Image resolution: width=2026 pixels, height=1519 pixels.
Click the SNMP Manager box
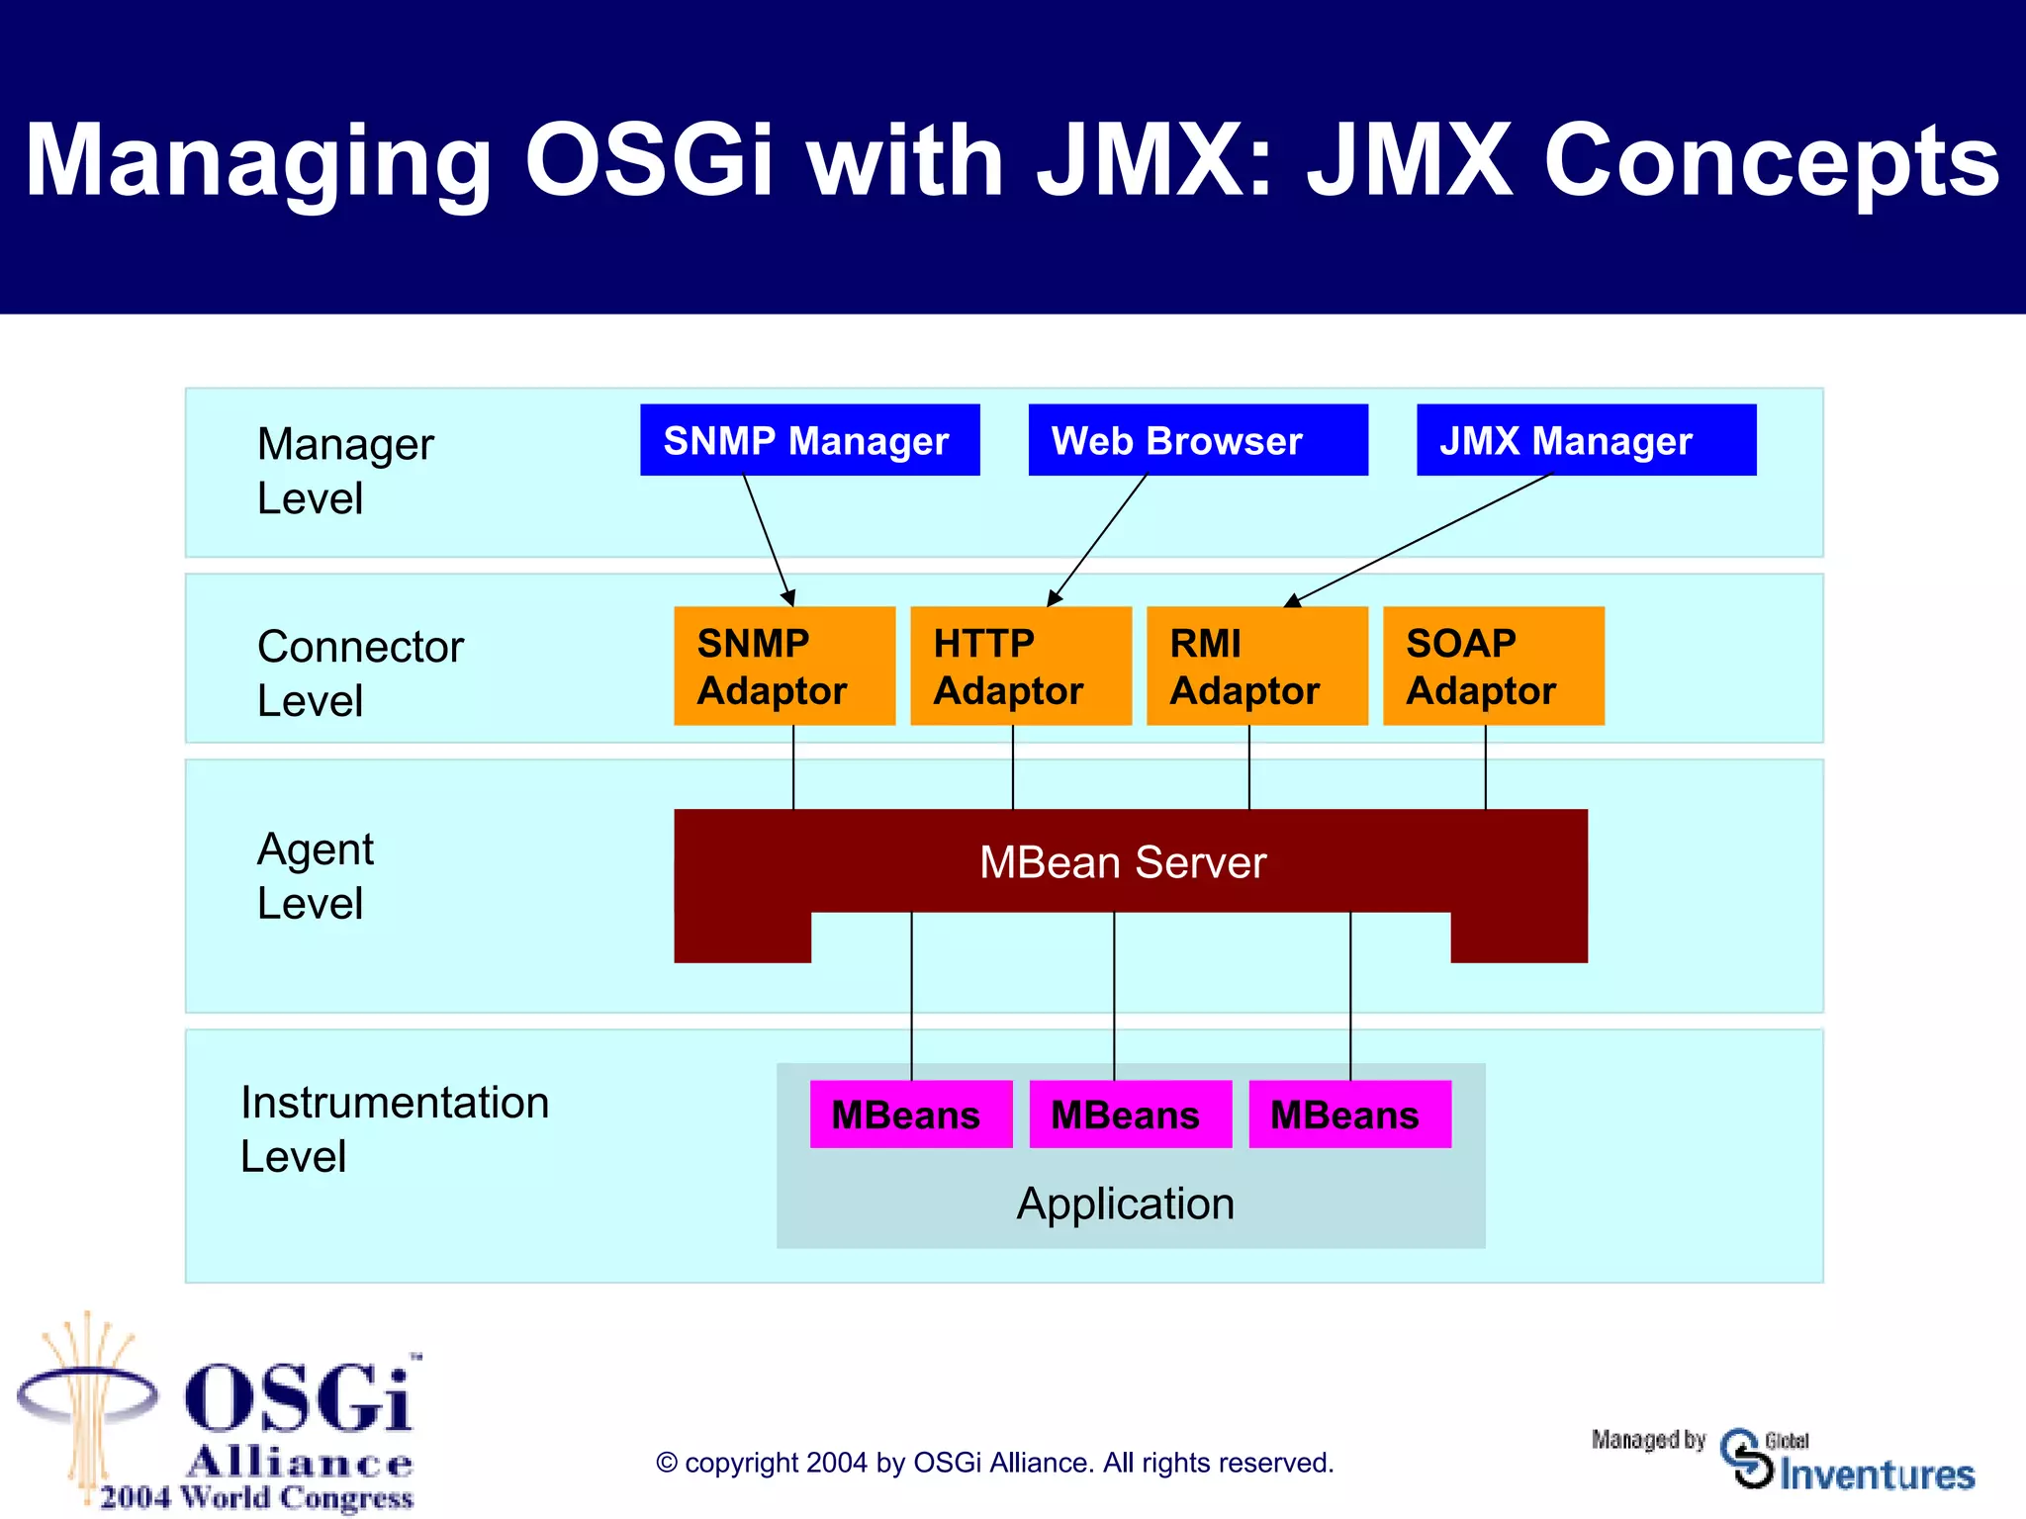[x=809, y=440]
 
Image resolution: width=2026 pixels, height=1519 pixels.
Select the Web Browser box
[x=1197, y=440]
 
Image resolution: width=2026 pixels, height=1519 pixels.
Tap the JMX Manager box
[x=1586, y=440]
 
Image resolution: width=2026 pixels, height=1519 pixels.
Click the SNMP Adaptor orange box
[x=783, y=666]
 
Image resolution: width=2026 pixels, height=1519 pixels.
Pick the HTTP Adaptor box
[x=1020, y=666]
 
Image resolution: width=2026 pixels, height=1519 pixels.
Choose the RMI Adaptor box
[x=1256, y=666]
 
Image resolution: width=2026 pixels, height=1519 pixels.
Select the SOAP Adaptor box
[x=1493, y=666]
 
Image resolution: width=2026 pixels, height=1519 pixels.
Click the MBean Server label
[x=1123, y=862]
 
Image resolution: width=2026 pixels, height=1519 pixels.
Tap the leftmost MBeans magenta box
[x=910, y=1115]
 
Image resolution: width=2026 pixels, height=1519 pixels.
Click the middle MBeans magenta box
[x=1130, y=1115]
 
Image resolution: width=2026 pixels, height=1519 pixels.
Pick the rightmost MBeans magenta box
[x=1349, y=1115]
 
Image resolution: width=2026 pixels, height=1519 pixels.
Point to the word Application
[x=1126, y=1204]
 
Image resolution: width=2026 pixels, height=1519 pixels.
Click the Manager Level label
[x=344, y=471]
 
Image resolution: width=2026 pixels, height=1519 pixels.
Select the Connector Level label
[x=359, y=673]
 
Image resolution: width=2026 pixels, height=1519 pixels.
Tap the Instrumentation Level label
[x=394, y=1129]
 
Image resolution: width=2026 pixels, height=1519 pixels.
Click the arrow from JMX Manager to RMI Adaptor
[x=1420, y=540]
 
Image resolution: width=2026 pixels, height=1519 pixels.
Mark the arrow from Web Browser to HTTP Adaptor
[x=1096, y=541]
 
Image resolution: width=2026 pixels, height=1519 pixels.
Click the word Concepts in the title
[x=1771, y=161]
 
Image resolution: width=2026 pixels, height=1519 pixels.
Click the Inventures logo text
[x=1876, y=1474]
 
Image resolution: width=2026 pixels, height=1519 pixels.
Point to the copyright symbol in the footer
[x=667, y=1463]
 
